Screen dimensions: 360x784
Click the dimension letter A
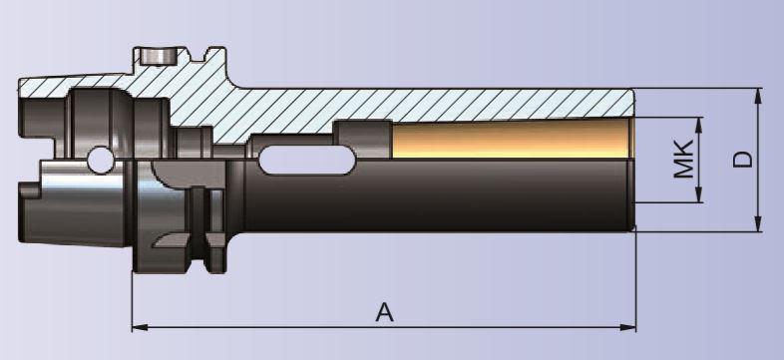click(x=385, y=312)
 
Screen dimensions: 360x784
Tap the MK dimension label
click(x=683, y=160)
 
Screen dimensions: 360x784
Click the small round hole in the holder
click(x=99, y=159)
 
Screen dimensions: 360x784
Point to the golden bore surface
click(x=509, y=140)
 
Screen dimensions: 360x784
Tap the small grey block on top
click(x=157, y=55)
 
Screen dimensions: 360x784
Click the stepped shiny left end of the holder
click(x=40, y=199)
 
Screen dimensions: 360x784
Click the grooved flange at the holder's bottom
click(x=190, y=249)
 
